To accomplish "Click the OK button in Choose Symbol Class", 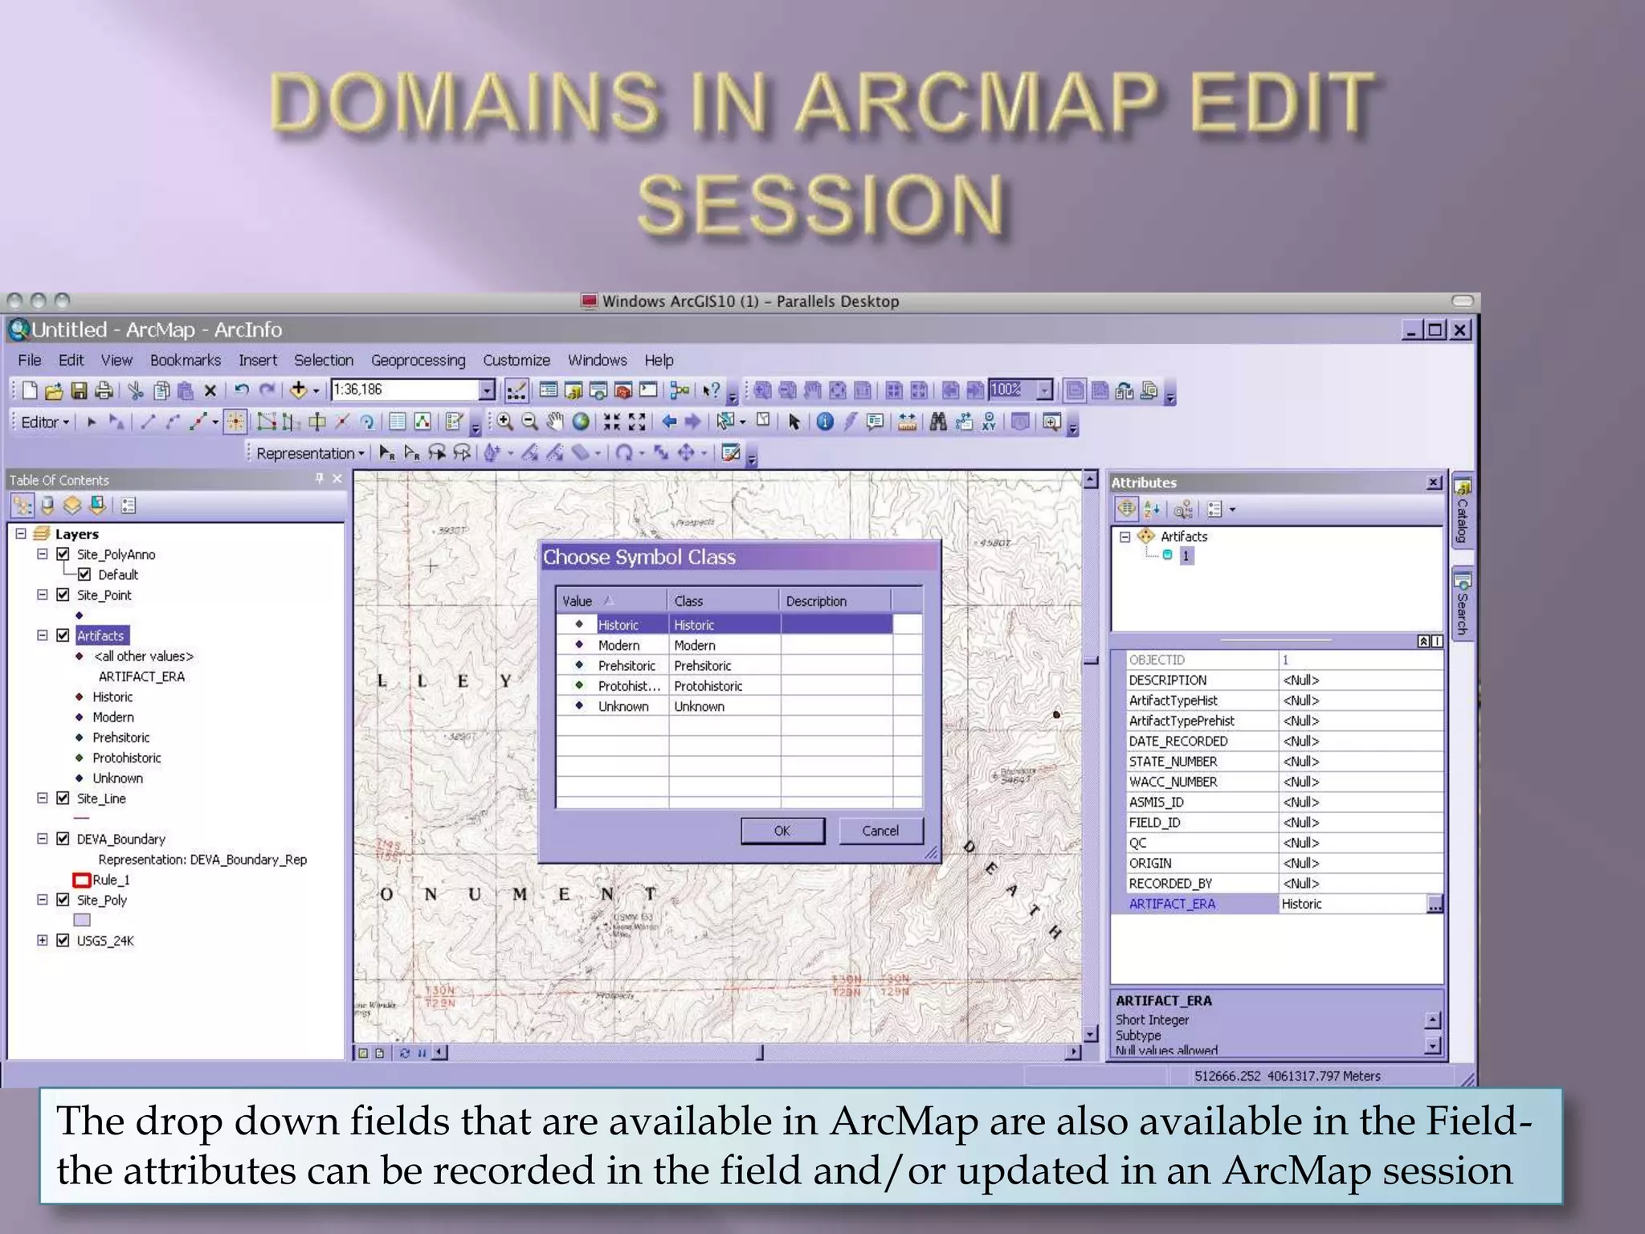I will (782, 831).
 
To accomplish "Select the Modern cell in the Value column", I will (618, 645).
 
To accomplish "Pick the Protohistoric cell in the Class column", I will (708, 686).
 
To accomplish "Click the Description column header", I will (816, 601).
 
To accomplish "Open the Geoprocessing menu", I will (418, 360).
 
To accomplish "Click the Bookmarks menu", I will (185, 360).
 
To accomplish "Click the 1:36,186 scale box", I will (404, 390).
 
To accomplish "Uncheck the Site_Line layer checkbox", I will (63, 798).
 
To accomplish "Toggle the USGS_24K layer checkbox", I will (63, 940).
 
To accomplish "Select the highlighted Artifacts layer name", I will (101, 635).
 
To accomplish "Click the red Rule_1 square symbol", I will (81, 880).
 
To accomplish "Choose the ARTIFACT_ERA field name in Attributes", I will (1172, 904).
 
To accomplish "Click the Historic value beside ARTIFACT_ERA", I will (1301, 904).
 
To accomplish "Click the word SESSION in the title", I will (821, 205).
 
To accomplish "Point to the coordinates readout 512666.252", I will (1227, 1076).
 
